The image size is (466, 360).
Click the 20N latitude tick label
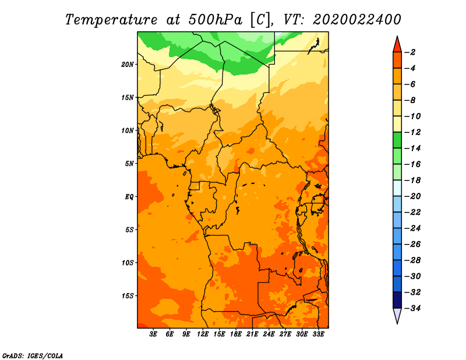point(128,65)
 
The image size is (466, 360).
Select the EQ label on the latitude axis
point(129,197)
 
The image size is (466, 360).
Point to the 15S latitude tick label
point(128,296)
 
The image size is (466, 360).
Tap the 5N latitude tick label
point(129,164)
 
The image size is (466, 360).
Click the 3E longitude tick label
point(153,334)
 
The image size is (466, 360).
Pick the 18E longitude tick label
point(236,334)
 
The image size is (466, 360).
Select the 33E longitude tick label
point(318,334)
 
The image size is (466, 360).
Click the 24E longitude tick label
point(269,334)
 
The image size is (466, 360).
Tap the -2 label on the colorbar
point(410,52)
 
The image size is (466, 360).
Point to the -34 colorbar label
point(412,308)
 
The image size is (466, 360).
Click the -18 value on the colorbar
point(412,181)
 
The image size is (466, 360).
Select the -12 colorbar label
point(412,132)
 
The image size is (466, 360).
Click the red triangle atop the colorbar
point(397,45)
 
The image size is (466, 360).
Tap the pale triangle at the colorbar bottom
point(397,315)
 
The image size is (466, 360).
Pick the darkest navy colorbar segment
point(397,300)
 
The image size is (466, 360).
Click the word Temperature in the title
point(111,20)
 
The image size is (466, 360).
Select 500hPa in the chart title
point(215,20)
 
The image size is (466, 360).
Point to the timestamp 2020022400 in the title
point(357,20)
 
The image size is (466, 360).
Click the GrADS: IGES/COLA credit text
point(33,356)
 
